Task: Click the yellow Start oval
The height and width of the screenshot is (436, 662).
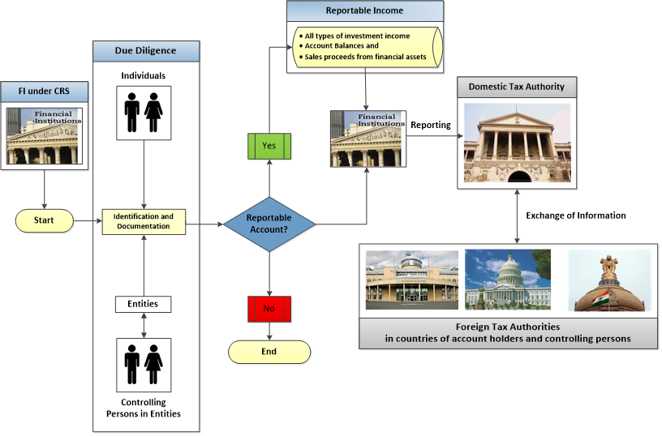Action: point(45,220)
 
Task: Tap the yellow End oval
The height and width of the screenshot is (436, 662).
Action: point(269,352)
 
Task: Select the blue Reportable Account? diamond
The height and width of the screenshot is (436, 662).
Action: point(269,224)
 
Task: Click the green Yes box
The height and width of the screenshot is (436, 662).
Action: point(269,146)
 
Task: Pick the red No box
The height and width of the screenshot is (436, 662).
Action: point(269,310)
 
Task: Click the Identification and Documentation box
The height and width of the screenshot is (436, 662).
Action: point(144,221)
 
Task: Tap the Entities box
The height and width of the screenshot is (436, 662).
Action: point(144,304)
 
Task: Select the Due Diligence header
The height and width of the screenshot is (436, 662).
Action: point(146,51)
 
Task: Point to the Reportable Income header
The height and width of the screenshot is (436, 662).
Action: point(366,11)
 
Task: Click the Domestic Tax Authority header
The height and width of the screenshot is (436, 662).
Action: point(516,87)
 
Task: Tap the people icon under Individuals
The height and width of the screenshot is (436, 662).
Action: point(144,113)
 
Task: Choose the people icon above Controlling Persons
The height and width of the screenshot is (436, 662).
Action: point(144,364)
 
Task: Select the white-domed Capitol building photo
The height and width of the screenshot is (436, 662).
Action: point(507,280)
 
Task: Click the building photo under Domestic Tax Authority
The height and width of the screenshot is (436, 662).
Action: point(517,142)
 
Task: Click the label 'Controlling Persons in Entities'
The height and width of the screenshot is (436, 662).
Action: point(144,408)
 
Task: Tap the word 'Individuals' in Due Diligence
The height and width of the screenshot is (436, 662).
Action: point(144,75)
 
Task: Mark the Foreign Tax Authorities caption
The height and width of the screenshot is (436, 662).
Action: point(508,333)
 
